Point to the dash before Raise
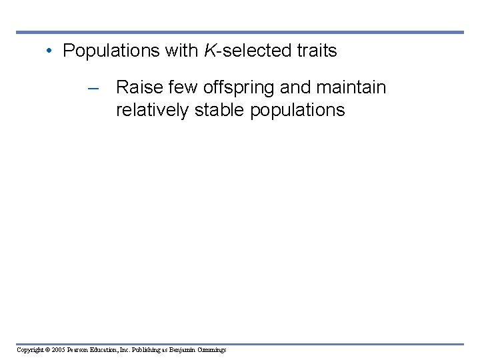pos(93,88)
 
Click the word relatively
pos(153,110)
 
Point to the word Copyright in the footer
pos(30,349)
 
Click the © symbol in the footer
pos(49,349)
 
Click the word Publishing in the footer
pos(147,349)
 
